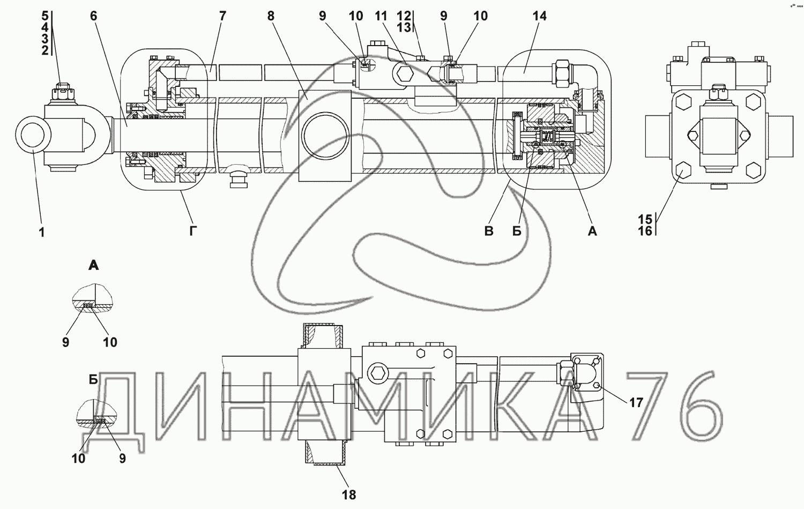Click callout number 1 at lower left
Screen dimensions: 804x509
click(42, 232)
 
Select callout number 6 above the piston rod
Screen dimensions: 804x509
click(93, 16)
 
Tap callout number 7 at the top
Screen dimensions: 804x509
click(222, 16)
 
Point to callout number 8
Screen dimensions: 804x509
click(271, 16)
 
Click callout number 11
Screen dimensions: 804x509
click(381, 16)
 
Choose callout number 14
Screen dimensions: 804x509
click(539, 16)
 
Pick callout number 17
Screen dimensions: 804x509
click(636, 403)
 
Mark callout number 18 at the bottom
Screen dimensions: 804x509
click(348, 495)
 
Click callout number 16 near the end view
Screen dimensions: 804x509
click(645, 231)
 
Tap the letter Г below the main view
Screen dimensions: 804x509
click(193, 231)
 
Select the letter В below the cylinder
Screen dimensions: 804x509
click(488, 231)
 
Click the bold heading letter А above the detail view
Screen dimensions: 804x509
click(93, 265)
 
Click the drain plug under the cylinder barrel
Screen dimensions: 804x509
click(237, 175)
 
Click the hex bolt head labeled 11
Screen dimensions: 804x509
click(405, 75)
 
